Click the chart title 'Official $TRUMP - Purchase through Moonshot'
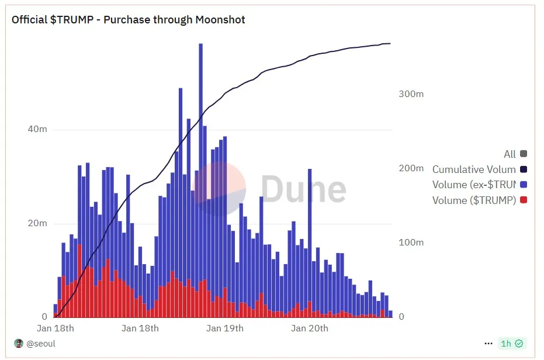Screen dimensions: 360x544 (x=129, y=20)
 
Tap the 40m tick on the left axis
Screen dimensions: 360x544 (x=37, y=129)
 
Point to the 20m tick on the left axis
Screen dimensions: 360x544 (x=37, y=224)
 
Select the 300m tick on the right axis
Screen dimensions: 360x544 (x=411, y=94)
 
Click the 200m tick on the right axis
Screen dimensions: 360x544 (x=411, y=168)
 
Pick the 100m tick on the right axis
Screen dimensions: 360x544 (x=411, y=243)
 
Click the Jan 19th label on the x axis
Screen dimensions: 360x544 (x=225, y=328)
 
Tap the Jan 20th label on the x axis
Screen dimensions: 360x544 (x=310, y=328)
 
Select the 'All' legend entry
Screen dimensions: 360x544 (x=510, y=154)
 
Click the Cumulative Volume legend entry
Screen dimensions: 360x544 (x=474, y=169)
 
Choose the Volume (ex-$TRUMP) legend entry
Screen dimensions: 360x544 (x=474, y=185)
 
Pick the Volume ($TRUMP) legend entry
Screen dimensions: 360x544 (x=474, y=200)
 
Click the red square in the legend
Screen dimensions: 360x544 (x=524, y=200)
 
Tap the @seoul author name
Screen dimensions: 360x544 (x=41, y=344)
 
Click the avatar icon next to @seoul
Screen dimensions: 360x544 (x=19, y=344)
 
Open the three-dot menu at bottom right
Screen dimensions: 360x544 (x=488, y=344)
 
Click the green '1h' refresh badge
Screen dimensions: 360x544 (x=511, y=344)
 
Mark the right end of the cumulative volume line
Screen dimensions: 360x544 (x=390, y=43)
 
